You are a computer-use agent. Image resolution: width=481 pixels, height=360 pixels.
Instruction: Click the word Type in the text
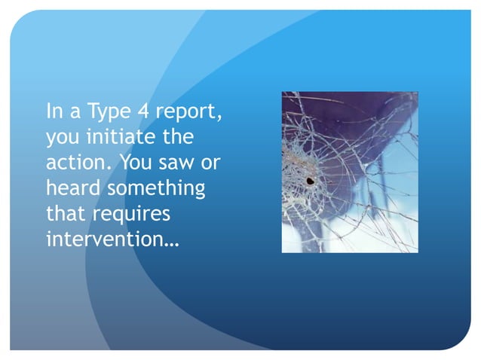click(x=109, y=113)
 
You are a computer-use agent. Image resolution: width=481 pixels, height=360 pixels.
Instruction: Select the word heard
click(x=70, y=188)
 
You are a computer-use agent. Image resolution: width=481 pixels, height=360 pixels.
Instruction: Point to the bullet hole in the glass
click(x=309, y=180)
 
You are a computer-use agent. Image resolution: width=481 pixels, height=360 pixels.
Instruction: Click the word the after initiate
click(x=177, y=138)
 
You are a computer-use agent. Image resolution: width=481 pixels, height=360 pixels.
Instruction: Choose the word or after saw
click(x=210, y=164)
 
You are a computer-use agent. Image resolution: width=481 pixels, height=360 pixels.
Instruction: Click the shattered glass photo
click(x=349, y=172)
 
